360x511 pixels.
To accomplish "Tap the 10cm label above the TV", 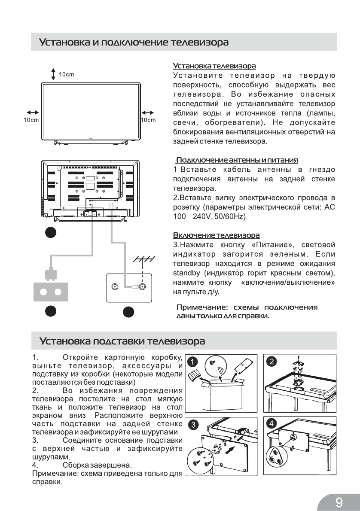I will click(x=67, y=74).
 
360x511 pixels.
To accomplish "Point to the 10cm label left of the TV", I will click(x=31, y=120).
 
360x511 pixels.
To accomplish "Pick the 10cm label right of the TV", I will click(x=148, y=120).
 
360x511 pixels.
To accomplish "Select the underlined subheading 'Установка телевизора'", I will click(x=214, y=66).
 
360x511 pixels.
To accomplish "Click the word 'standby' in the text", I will click(x=186, y=273).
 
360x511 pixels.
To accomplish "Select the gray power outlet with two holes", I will click(x=51, y=292).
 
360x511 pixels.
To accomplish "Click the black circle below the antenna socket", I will click(x=127, y=312).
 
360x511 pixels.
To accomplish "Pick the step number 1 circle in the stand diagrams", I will click(x=194, y=362).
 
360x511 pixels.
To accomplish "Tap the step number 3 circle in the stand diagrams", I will click(x=194, y=425).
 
